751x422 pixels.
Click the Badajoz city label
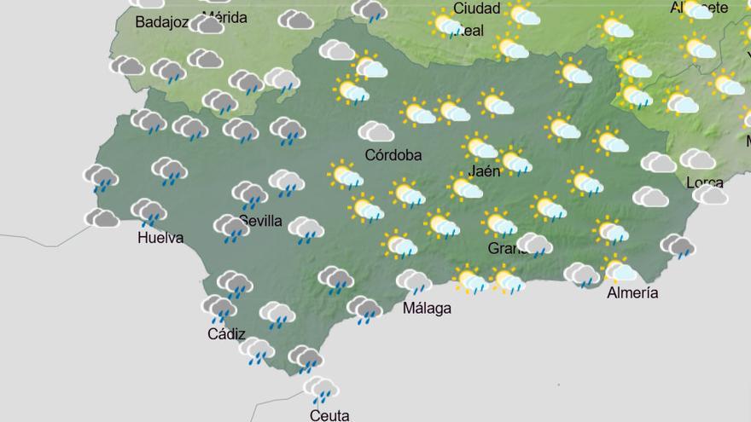(161, 22)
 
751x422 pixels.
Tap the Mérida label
(225, 17)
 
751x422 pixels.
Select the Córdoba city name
(393, 155)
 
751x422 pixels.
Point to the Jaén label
(485, 171)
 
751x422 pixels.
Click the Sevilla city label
(260, 221)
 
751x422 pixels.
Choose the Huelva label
(160, 238)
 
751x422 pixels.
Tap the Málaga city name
(427, 308)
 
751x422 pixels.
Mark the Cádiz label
(226, 334)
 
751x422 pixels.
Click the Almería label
(632, 292)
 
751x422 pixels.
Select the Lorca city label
(705, 182)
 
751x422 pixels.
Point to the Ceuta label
(329, 415)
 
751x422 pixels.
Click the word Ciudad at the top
(477, 9)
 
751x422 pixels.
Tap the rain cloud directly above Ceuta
(322, 390)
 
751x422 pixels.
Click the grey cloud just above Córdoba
(375, 131)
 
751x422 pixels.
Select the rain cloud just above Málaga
(414, 281)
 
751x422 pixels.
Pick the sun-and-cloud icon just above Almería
(620, 269)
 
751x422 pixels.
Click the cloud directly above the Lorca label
(697, 159)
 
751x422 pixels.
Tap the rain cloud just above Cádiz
(219, 308)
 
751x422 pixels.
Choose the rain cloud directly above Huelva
(148, 211)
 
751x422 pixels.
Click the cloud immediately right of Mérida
(295, 20)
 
